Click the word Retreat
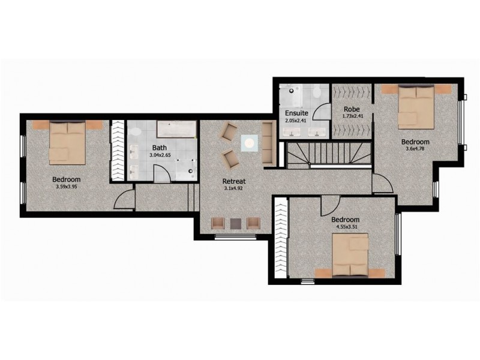tap(233, 181)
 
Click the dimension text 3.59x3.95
tap(66, 186)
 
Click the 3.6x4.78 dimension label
tap(416, 149)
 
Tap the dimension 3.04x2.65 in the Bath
tap(160, 155)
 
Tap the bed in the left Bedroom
tap(67, 143)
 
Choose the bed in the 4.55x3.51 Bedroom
tap(350, 257)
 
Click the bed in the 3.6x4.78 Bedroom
tap(416, 106)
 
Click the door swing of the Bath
tap(161, 175)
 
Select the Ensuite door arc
tap(322, 113)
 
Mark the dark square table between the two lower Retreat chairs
tap(236, 223)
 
